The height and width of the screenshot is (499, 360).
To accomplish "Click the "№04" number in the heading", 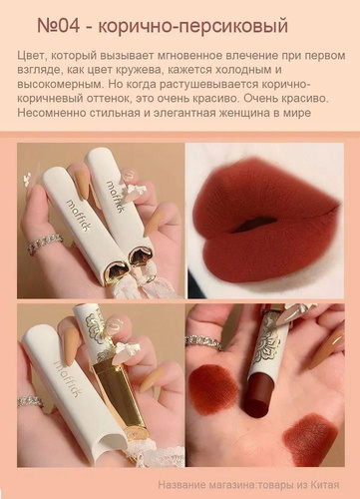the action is [59, 26].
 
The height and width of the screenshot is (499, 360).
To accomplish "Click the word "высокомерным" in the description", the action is [60, 85].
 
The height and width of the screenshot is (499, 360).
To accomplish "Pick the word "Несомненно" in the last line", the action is [51, 113].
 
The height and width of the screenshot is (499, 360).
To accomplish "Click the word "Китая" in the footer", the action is [326, 485].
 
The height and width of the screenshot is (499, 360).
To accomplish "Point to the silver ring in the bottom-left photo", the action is [30, 401].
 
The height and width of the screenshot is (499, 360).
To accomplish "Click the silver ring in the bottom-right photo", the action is [203, 343].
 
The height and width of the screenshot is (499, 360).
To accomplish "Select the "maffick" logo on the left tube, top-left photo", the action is [77, 218].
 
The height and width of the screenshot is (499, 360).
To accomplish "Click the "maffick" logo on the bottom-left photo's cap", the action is [70, 383].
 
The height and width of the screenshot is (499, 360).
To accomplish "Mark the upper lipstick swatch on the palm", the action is [213, 381].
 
